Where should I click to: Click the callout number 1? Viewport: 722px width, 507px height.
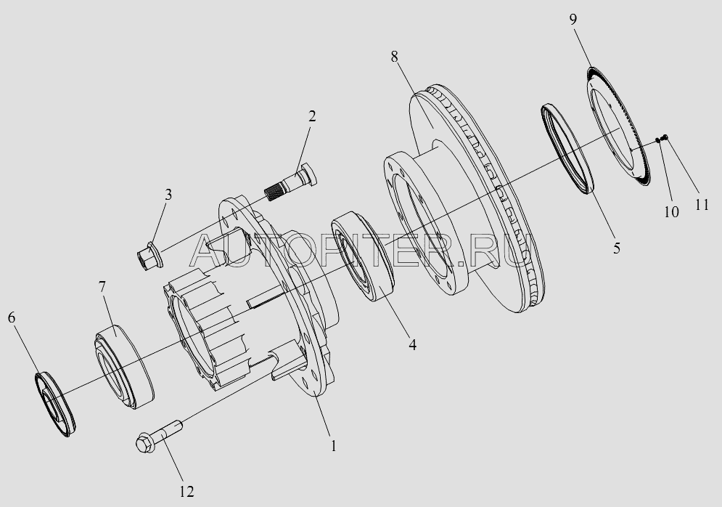(x=333, y=446)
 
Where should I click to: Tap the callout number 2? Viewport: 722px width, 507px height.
(x=312, y=116)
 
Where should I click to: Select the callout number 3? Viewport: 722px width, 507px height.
(x=168, y=195)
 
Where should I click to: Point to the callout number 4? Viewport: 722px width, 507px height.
(x=413, y=344)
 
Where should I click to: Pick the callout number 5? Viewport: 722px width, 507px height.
(x=617, y=248)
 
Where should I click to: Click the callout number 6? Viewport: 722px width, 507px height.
(x=12, y=317)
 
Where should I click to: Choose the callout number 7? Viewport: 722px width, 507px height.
(x=102, y=287)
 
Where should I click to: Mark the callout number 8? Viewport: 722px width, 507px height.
(x=394, y=56)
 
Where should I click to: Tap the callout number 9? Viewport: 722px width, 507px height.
(x=573, y=20)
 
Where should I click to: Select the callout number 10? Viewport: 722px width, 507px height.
(x=671, y=212)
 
